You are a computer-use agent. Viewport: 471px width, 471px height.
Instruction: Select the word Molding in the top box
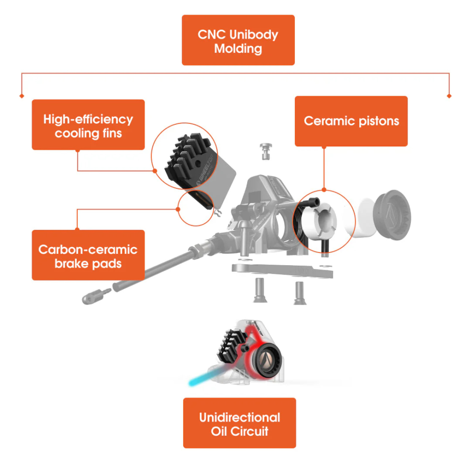(238, 49)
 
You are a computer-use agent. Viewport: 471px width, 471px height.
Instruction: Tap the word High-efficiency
(88, 119)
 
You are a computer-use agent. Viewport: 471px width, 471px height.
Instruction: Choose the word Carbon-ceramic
(88, 249)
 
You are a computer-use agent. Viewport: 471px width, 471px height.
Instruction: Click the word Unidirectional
(239, 417)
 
